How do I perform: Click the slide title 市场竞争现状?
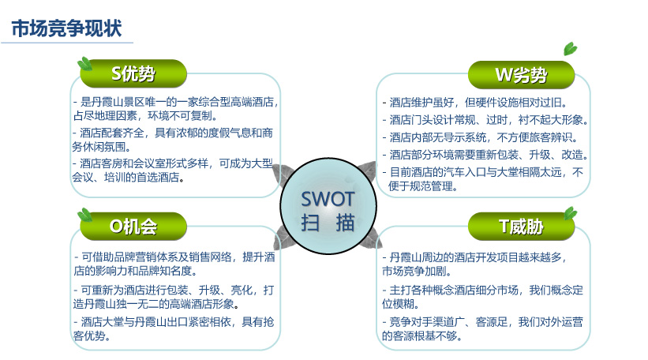pos(66,28)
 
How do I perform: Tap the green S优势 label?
pos(133,73)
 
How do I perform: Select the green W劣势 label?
pos(521,75)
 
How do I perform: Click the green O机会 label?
pos(133,227)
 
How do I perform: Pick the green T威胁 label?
pos(521,227)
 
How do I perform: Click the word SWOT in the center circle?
pos(328,199)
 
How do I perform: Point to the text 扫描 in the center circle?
pos(328,223)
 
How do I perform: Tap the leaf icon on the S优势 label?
pos(85,64)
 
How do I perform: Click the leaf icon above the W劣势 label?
pos(571,49)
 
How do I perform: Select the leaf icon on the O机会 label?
pos(85,215)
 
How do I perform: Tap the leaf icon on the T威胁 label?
pos(571,213)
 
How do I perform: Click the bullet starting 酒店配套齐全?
pos(172,140)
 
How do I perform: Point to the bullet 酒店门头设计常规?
pos(485,120)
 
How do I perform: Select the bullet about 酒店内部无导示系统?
pos(480,137)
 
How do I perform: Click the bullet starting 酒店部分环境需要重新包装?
pos(485,155)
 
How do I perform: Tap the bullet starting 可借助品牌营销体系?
pos(174,264)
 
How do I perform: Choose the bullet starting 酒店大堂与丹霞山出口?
pos(174,328)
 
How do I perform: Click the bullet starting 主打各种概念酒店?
pos(482,297)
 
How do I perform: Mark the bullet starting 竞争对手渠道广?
pos(482,328)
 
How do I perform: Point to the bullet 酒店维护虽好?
pos(475,102)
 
